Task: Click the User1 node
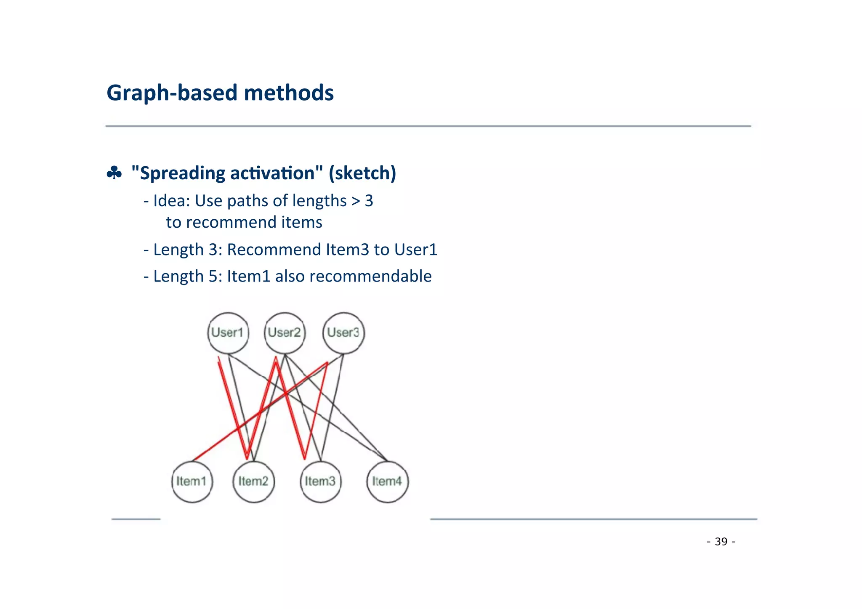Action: coord(228,333)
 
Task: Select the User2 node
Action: coord(285,333)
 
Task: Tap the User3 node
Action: coord(343,333)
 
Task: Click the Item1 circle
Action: coord(192,481)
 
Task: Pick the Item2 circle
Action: coord(253,481)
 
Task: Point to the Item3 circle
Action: coord(320,481)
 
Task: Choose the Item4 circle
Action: coord(387,481)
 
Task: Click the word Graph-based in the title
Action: coord(172,93)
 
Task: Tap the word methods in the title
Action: coord(289,93)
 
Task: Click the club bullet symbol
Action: coord(114,173)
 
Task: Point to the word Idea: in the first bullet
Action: coord(172,201)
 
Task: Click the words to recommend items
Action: coord(244,222)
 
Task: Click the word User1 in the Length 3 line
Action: coord(415,250)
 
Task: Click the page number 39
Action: coord(721,542)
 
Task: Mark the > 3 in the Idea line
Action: coord(362,201)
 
